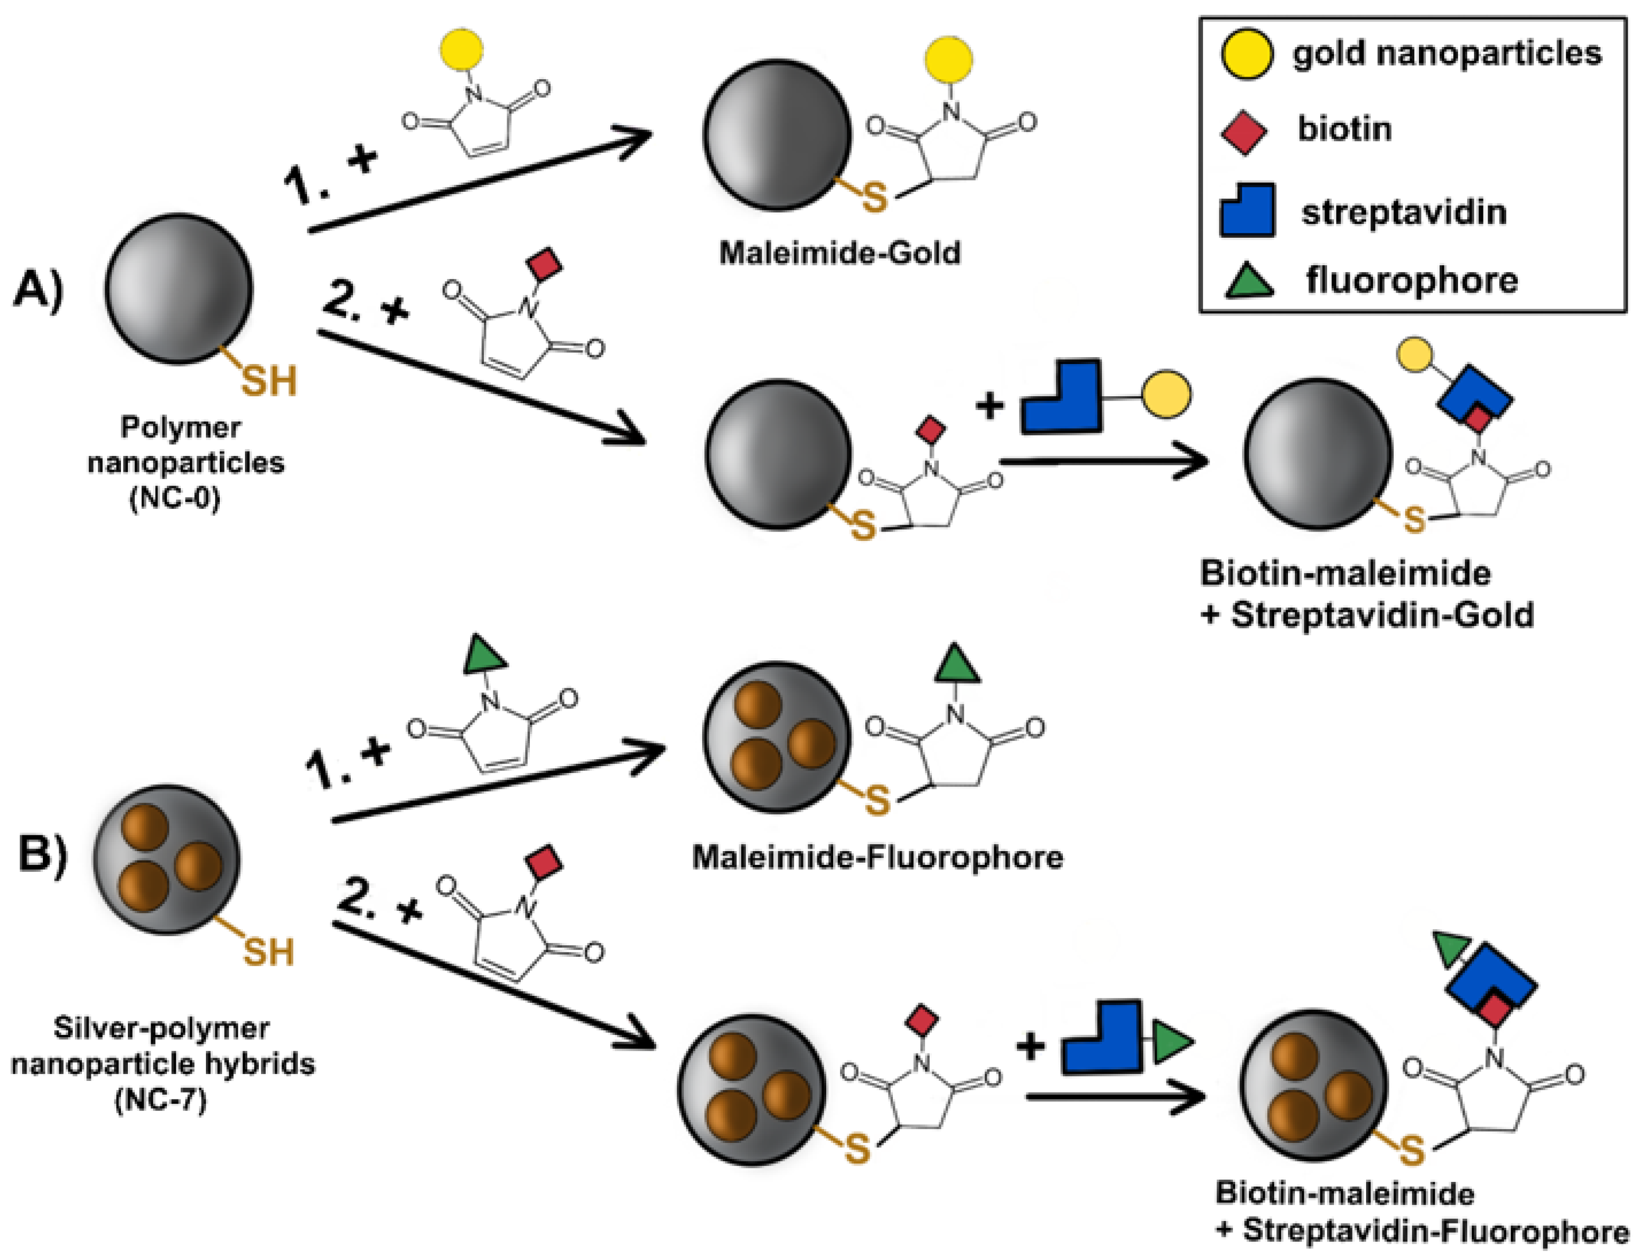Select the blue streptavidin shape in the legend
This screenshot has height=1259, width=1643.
1247,210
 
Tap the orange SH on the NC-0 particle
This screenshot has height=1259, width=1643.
268,381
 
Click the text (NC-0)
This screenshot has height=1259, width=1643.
174,498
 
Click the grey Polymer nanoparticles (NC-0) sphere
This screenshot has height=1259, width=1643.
179,288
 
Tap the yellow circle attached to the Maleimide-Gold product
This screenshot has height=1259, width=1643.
948,59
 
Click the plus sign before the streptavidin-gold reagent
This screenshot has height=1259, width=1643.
989,407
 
